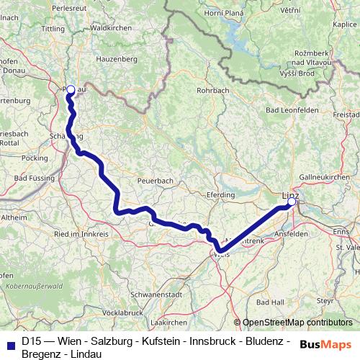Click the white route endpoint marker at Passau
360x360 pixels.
pyautogui.click(x=71, y=90)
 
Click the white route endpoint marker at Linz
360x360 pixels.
pyautogui.click(x=292, y=202)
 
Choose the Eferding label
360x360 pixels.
pyautogui.click(x=221, y=194)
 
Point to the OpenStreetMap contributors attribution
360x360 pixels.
pyautogui.click(x=297, y=323)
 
